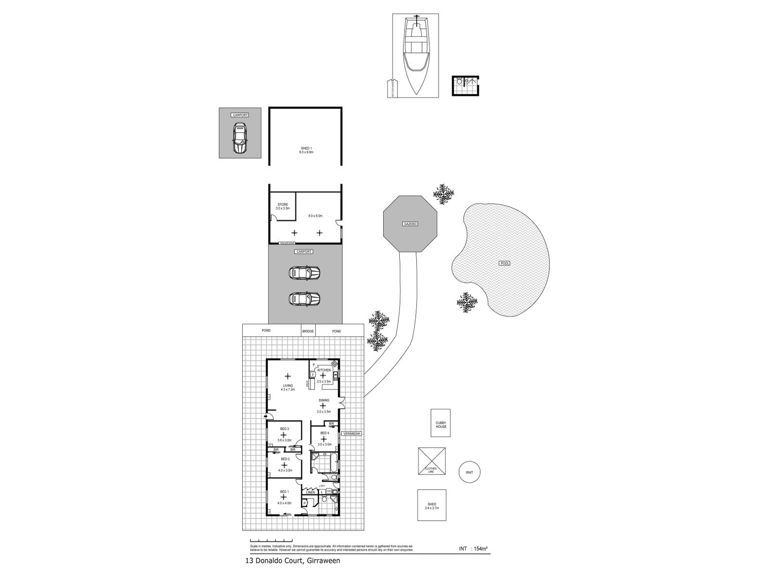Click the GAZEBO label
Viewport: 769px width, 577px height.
coord(410,224)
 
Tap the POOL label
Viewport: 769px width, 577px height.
coord(504,263)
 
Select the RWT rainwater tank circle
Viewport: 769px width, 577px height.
coord(469,473)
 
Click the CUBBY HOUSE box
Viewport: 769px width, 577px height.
coord(440,423)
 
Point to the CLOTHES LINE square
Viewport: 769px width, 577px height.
coord(431,462)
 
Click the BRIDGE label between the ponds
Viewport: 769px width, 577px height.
coord(308,331)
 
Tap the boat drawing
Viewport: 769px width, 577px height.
coord(415,55)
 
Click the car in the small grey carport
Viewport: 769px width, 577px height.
coord(240,138)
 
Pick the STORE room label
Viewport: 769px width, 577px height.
coord(283,205)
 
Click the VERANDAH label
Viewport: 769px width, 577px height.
coord(351,434)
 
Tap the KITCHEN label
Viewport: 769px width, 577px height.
coord(323,370)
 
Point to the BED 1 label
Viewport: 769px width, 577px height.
coord(284,492)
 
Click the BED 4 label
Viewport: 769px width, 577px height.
coord(324,433)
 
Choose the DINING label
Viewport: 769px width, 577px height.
coord(323,401)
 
